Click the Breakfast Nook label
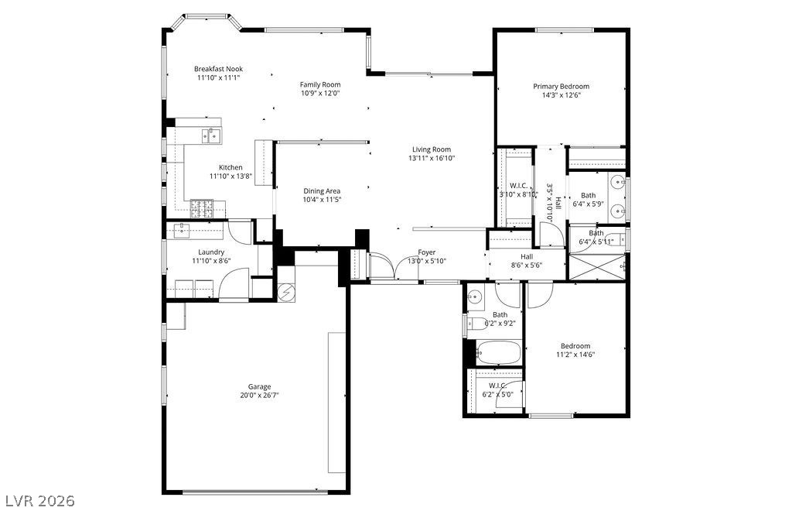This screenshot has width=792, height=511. [x=218, y=69]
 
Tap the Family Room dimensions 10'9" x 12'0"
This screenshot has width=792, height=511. [x=320, y=93]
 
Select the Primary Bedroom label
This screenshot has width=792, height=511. [x=561, y=87]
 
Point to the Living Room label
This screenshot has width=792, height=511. [x=431, y=149]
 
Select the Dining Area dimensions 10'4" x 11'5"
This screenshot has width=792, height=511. [x=322, y=200]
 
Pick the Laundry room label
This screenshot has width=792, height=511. [x=211, y=252]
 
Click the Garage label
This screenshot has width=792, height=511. [x=259, y=386]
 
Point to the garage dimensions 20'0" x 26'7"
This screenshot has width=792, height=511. [x=259, y=395]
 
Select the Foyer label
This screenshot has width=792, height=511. [x=426, y=252]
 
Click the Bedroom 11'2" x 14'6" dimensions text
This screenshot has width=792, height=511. [x=575, y=355]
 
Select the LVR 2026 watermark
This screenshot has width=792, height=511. [x=39, y=500]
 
